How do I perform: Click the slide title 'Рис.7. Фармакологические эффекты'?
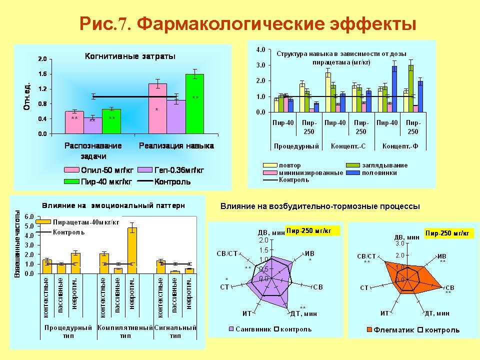tap(248, 23)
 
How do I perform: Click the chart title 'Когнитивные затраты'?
tap(129, 56)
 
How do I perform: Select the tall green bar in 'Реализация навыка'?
tap(194, 104)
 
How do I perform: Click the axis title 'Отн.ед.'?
tap(27, 96)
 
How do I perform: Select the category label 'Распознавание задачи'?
tap(93, 151)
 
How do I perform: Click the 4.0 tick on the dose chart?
tap(260, 50)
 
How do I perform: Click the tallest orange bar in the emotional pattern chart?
tap(132, 250)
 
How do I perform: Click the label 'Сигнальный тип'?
tap(175, 332)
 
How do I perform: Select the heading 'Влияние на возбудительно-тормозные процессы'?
tap(320, 206)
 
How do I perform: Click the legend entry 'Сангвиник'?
tap(252, 329)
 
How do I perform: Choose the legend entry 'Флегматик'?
tap(394, 330)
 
